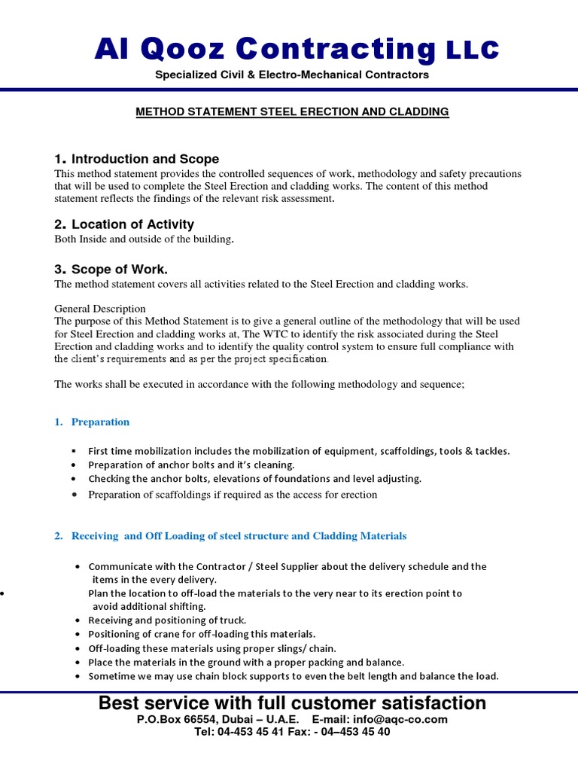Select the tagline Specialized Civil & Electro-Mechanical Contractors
292,75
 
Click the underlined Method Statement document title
292,111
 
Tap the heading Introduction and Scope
137,159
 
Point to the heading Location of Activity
124,224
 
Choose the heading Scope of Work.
111,270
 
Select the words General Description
100,309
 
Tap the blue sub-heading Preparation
100,422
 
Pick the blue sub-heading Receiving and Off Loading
239,536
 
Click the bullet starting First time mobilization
299,451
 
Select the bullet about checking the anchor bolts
254,479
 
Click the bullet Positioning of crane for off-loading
202,634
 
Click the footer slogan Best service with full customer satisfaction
292,703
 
